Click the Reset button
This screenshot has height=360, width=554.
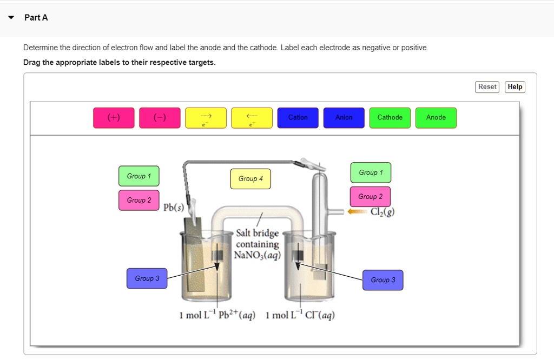tap(487, 87)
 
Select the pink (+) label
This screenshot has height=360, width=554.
tap(114, 118)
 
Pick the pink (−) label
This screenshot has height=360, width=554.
tap(160, 118)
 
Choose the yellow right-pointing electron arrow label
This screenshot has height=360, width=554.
tap(206, 118)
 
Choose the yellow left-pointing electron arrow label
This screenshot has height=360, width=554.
tap(252, 118)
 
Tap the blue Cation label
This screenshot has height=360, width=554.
tap(298, 118)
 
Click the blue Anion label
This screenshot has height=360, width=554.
tap(344, 118)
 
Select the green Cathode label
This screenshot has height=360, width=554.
tap(390, 118)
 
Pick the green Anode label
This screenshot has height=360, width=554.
tap(436, 118)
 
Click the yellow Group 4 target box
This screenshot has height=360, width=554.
tap(250, 179)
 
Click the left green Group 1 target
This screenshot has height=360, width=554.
tap(139, 176)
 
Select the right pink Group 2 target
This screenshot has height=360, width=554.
tap(370, 197)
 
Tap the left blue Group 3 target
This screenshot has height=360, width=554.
tap(147, 278)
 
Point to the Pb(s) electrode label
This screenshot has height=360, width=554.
tap(174, 208)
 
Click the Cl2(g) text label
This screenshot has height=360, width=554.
tap(382, 212)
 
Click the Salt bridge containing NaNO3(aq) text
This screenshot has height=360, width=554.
tap(258, 244)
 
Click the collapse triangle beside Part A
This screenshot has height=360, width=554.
tap(11, 18)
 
